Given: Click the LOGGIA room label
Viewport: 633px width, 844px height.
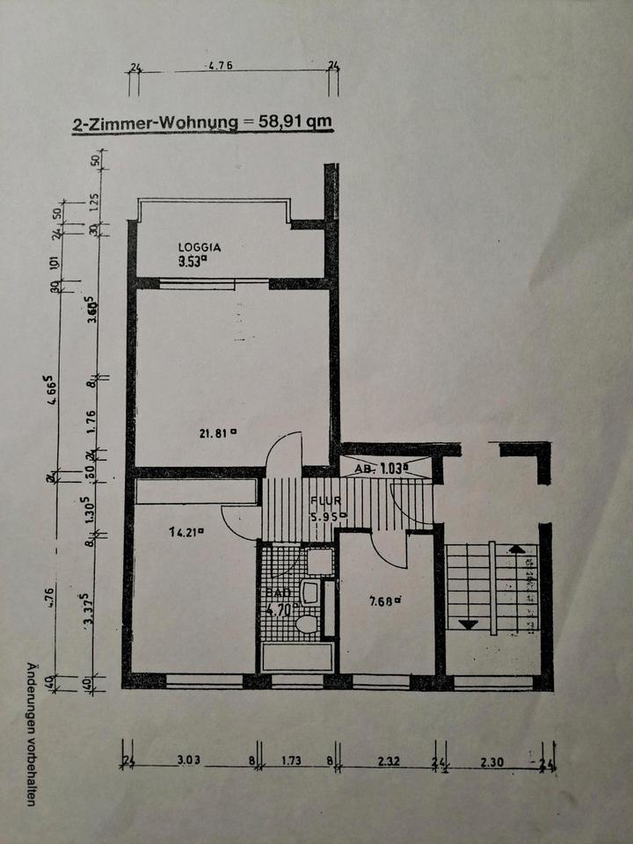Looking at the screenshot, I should (x=199, y=248).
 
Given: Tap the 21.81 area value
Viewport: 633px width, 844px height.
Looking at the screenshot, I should (x=217, y=432).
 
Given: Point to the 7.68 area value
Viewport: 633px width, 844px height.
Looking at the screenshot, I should (x=384, y=601).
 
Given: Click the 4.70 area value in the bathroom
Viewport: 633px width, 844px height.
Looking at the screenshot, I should (x=283, y=605).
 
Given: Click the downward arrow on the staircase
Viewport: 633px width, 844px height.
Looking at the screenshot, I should (x=469, y=625).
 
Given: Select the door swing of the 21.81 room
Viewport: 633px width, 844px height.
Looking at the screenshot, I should (x=286, y=450).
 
